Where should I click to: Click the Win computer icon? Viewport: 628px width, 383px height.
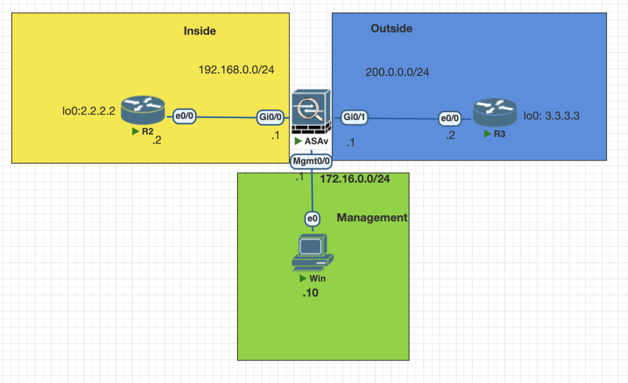[x=312, y=252]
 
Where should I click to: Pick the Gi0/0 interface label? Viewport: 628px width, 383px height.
[x=269, y=116]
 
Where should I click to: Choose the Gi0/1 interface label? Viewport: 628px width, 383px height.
[x=354, y=117]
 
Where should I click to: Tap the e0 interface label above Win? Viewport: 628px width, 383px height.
[x=312, y=218]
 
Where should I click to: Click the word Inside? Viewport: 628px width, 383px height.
[x=200, y=31]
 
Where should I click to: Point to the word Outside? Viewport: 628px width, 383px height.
[x=391, y=29]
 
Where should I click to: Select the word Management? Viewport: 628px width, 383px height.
[x=372, y=218]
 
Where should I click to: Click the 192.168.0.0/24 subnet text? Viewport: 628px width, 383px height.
[x=236, y=70]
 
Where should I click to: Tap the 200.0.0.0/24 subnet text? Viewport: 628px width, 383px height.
[x=397, y=72]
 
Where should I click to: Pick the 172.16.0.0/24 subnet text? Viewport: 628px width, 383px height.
[x=355, y=178]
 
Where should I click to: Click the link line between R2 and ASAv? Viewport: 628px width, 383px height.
[x=227, y=116]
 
